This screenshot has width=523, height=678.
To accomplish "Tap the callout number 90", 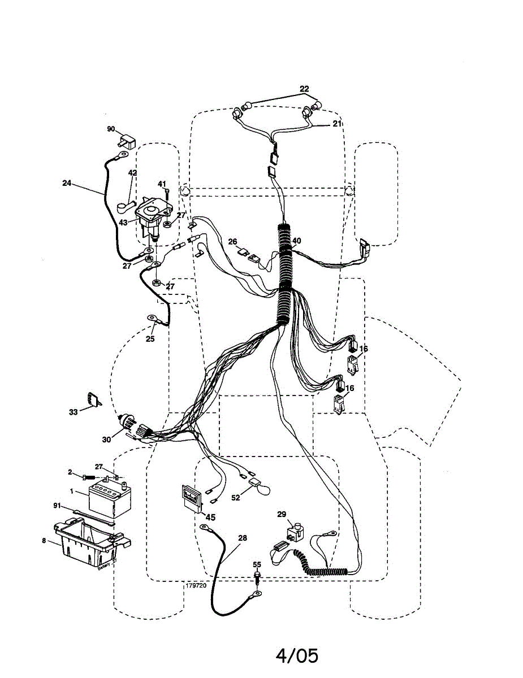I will point(111,129).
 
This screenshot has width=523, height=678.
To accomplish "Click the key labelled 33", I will point(94,400).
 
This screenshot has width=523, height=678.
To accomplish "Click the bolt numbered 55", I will point(258,576).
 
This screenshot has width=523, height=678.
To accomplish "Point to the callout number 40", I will point(297,241).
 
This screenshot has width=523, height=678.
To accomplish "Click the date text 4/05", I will point(297,656).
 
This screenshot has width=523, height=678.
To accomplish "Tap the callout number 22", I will point(305,89).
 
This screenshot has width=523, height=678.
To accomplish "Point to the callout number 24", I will point(67,183).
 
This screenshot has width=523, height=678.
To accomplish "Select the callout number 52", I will point(236,497).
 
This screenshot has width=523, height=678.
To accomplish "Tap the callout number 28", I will point(243,538).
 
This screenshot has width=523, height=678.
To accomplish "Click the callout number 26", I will point(232,242).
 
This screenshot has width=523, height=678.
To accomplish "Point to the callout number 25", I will point(150,339).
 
